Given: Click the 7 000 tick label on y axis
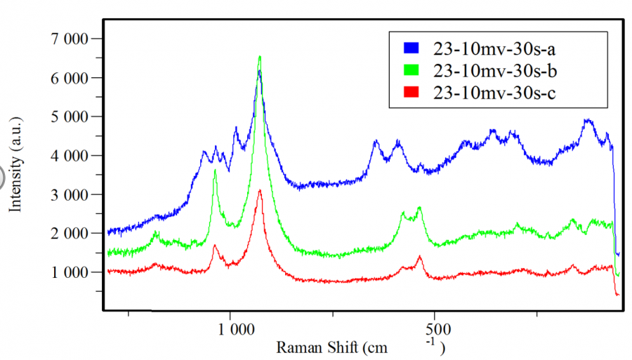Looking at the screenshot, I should tap(68, 39).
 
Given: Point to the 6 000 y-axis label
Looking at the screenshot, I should tap(68, 78).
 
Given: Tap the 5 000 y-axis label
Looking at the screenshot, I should tap(68, 116).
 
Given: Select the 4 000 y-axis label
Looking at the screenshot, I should tap(68, 156).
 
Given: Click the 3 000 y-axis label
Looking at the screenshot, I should tap(68, 194).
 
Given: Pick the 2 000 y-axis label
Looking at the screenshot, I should tap(68, 233).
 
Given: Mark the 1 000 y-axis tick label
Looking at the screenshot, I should tap(68, 272).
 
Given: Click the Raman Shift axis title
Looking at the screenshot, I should tap(330, 347).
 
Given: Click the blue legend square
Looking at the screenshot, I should tap(411, 48).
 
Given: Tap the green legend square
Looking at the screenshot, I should tap(411, 70).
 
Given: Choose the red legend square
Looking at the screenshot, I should tap(411, 92).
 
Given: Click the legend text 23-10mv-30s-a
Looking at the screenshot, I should tap(495, 48).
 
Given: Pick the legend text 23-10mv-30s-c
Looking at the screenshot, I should tap(495, 92).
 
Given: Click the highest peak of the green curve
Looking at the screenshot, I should tap(260, 57).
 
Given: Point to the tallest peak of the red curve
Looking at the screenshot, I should tap(260, 190).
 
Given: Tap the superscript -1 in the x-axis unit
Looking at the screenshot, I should tap(430, 342).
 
